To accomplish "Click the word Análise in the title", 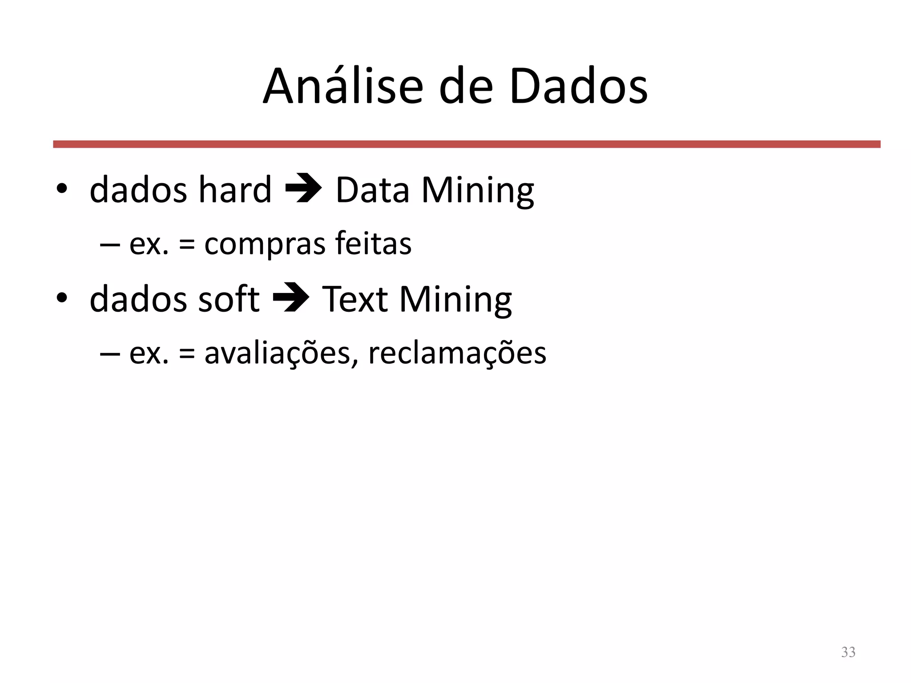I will click(x=343, y=86).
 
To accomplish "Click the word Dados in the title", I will click(x=578, y=86).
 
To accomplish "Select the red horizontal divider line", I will click(x=466, y=144).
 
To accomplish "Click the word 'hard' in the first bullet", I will click(x=234, y=190).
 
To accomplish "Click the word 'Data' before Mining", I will click(x=372, y=190).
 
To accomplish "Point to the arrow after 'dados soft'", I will click(x=291, y=297).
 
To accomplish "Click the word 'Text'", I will click(x=355, y=299).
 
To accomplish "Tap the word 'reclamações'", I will click(x=457, y=354).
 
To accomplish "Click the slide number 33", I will click(x=848, y=652).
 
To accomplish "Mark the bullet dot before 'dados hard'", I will click(x=61, y=189).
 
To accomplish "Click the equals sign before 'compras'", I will click(x=187, y=245).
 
